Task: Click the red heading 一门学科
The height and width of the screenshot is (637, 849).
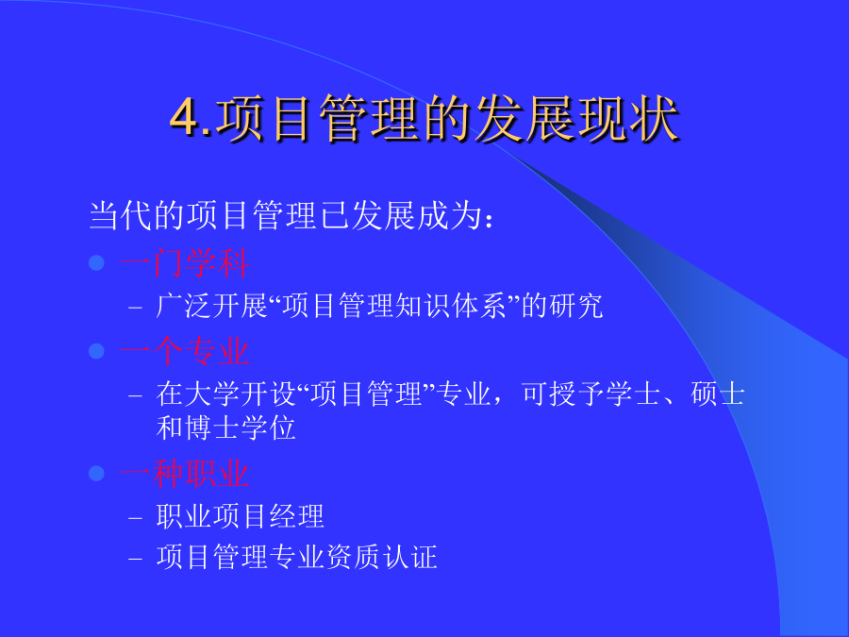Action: (185, 264)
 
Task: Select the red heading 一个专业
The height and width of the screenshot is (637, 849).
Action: (185, 352)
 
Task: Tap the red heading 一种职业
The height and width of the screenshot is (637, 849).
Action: (185, 474)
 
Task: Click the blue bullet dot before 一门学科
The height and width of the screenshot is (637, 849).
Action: (96, 263)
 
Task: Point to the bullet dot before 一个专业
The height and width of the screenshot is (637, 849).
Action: (96, 351)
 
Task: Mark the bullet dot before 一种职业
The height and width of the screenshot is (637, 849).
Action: (96, 474)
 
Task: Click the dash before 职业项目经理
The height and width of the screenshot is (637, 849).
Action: (135, 518)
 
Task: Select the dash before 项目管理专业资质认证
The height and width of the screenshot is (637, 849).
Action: (135, 559)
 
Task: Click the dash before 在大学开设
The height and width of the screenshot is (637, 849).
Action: (135, 396)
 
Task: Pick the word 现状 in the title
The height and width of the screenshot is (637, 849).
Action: (627, 119)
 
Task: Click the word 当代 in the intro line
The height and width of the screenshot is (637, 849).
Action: (121, 215)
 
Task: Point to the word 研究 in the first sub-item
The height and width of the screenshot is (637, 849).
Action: (575, 306)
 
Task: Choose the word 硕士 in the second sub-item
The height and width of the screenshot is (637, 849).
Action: (718, 394)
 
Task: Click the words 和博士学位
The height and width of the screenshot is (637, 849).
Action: (225, 427)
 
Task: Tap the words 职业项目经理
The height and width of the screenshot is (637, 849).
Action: (240, 516)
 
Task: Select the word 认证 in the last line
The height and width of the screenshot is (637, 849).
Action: (410, 557)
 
